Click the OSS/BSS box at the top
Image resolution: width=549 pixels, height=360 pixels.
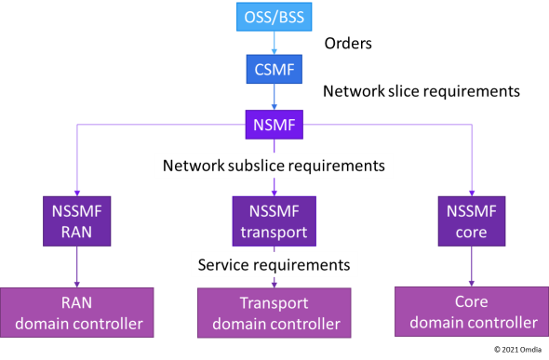point(274,19)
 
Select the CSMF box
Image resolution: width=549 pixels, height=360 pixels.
point(274,70)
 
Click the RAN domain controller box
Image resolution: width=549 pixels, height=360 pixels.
point(76,313)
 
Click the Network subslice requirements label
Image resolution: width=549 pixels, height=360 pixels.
point(274,167)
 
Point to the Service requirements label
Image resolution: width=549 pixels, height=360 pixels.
point(274,265)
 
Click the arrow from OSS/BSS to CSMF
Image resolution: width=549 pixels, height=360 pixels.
point(274,44)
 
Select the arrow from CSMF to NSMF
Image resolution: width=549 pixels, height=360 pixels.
point(274,97)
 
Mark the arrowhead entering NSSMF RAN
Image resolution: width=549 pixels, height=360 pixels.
point(76,191)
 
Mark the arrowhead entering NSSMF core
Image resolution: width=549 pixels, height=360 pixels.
point(472,191)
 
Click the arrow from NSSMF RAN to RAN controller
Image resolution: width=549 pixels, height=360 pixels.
point(76,267)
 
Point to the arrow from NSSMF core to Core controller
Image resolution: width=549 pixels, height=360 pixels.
point(472,266)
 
